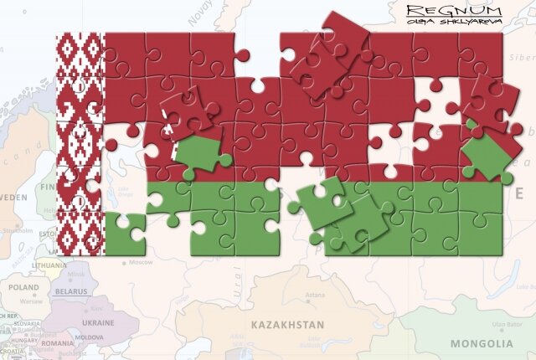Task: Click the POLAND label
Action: [23, 287]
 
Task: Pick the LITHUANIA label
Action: [49, 265]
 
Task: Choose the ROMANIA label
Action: [58, 343]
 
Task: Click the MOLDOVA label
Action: [90, 337]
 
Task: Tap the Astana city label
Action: [314, 296]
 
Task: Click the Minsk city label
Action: [76, 274]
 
